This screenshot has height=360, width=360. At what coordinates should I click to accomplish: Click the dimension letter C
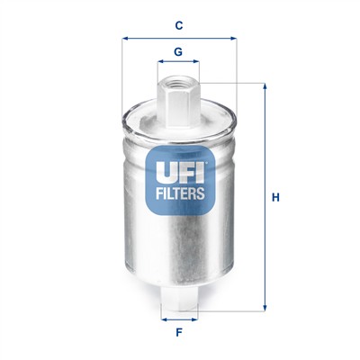[178, 25]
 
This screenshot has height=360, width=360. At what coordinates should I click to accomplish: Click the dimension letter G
[178, 51]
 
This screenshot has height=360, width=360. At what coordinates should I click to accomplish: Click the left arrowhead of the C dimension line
[123, 39]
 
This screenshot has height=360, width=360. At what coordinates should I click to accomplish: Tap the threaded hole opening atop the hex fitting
[178, 79]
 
